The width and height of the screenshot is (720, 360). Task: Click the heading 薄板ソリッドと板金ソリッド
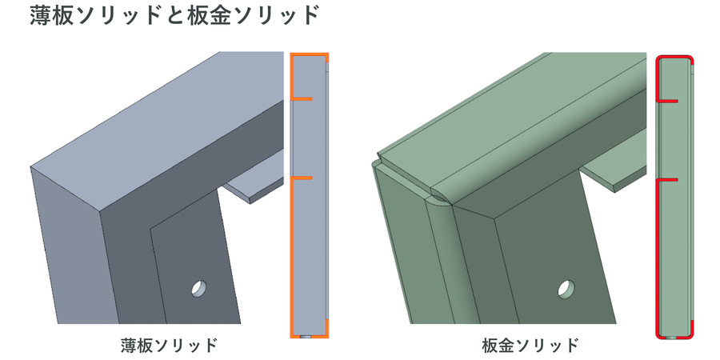(x=174, y=17)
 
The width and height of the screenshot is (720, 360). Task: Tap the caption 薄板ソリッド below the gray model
(x=169, y=345)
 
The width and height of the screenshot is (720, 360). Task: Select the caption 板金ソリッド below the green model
(x=530, y=345)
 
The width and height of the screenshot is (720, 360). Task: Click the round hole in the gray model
(x=199, y=288)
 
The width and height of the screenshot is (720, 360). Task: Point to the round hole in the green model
(x=566, y=288)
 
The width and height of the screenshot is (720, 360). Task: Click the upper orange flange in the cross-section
(x=302, y=98)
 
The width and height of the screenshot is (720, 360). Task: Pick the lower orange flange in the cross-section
(x=302, y=178)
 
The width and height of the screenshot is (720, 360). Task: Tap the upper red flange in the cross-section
(x=666, y=100)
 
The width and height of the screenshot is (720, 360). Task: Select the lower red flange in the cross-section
(x=666, y=179)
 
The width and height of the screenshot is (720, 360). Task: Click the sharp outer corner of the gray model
(x=100, y=212)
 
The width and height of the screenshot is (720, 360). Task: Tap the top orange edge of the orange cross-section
(x=310, y=54)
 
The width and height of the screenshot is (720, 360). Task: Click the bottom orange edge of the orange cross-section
(x=310, y=337)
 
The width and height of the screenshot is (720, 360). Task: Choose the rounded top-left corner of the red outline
(x=659, y=58)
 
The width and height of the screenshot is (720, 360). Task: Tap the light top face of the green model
(x=510, y=124)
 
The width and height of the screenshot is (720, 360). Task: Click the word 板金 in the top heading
(x=210, y=17)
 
